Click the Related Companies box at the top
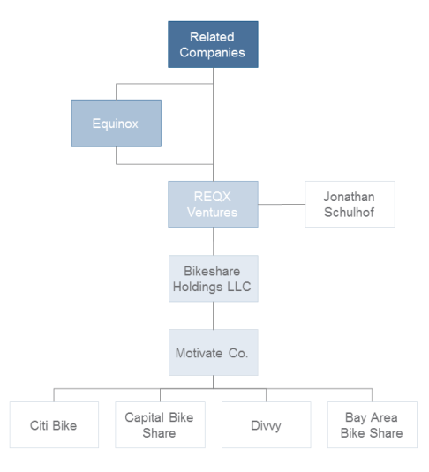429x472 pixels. [213, 44]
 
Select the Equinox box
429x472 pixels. [116, 123]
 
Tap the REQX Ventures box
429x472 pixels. [213, 204]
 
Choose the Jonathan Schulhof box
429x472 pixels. [350, 204]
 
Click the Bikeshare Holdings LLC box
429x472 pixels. [213, 278]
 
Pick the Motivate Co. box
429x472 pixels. [213, 353]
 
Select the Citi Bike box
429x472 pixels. [54, 425]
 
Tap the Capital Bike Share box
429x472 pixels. [160, 425]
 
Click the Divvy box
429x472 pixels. [266, 425]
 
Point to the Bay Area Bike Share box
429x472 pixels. [372, 425]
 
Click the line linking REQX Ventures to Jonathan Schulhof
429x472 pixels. [282, 204]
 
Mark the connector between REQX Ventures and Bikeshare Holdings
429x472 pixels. [213, 241]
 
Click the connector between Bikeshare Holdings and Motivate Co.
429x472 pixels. [213, 315]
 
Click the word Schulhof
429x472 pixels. [350, 212]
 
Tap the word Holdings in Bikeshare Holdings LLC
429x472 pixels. [204, 286]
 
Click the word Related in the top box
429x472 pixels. [213, 37]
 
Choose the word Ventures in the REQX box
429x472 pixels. [213, 212]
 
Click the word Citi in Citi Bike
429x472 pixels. [41, 425]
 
